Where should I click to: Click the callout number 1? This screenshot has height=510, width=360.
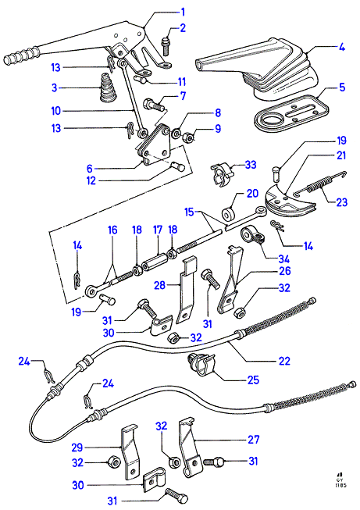[x=183, y=12]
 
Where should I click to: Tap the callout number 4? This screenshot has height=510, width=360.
[x=341, y=47]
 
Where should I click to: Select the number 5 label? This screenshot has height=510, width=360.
[x=342, y=87]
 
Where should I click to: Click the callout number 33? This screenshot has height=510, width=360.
[x=251, y=165]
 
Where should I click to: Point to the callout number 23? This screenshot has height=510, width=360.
[x=342, y=202]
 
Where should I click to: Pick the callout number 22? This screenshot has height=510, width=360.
[x=284, y=361]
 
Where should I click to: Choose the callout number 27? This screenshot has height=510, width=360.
[x=254, y=440]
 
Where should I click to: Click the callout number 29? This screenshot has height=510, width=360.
[x=77, y=448]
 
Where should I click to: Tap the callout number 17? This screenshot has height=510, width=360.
[x=158, y=230]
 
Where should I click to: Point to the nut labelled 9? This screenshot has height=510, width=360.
[x=191, y=137]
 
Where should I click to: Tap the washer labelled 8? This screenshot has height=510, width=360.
[x=177, y=133]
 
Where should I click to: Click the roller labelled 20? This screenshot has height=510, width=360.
[x=230, y=213]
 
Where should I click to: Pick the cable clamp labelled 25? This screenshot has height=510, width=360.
[x=202, y=364]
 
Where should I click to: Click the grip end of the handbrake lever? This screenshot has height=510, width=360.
[x=20, y=56]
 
